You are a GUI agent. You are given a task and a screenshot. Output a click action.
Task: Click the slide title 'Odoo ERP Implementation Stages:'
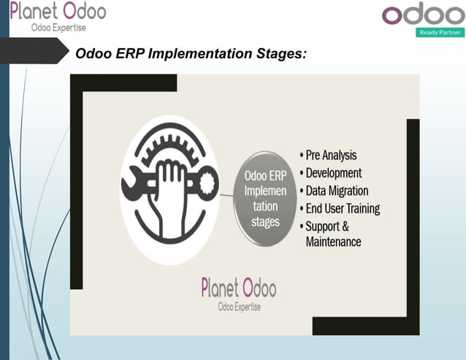point(191,54)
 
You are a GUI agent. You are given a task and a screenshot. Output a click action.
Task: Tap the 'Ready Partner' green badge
point(440,32)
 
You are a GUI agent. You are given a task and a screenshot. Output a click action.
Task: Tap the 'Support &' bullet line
point(326,226)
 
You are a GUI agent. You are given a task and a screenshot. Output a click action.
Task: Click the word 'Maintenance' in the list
point(333,242)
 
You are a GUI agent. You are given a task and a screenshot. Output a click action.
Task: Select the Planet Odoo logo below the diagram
point(238,288)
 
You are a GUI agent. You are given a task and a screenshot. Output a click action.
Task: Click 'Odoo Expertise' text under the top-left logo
point(58,28)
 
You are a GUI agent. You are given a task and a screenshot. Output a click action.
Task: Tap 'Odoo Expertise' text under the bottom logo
point(239,307)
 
